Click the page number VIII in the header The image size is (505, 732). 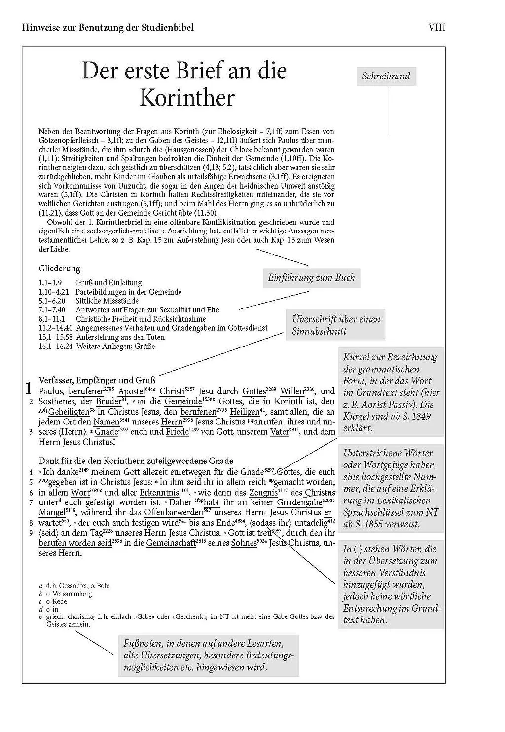click(436, 27)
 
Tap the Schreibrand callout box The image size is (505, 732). click(386, 77)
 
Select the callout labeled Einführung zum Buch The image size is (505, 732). click(311, 278)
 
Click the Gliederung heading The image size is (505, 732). click(59, 269)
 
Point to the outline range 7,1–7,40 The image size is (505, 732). click(52, 310)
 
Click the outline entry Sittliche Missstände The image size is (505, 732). click(107, 301)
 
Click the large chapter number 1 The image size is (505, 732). click(29, 388)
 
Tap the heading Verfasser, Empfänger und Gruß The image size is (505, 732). click(97, 380)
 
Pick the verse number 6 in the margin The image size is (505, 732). click(31, 493)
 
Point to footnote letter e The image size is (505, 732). click(40, 617)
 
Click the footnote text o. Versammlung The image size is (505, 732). click(69, 594)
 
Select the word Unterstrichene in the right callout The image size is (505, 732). click(373, 453)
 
